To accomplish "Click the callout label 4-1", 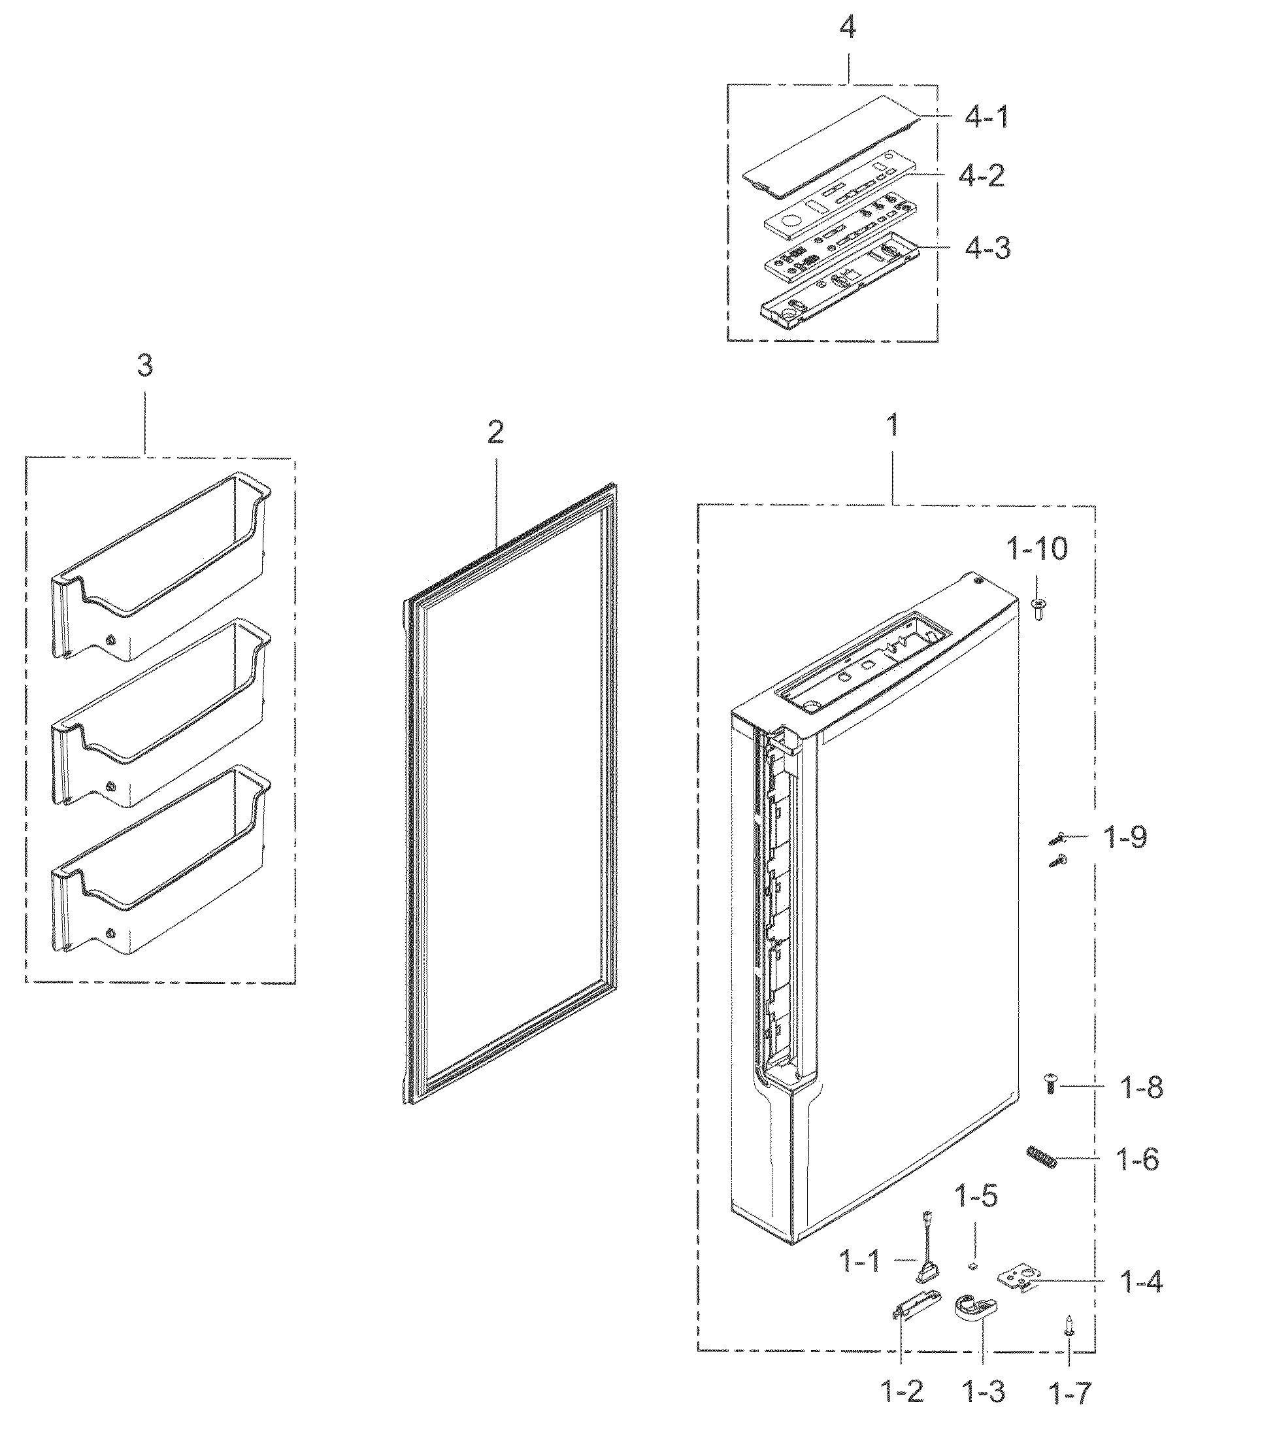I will click(987, 117).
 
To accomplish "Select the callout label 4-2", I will click(981, 175).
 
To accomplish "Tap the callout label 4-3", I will click(987, 248).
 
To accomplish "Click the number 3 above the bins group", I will click(144, 366).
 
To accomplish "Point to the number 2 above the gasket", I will click(495, 432).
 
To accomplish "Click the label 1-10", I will click(1037, 548).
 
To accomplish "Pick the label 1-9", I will click(1125, 838).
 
